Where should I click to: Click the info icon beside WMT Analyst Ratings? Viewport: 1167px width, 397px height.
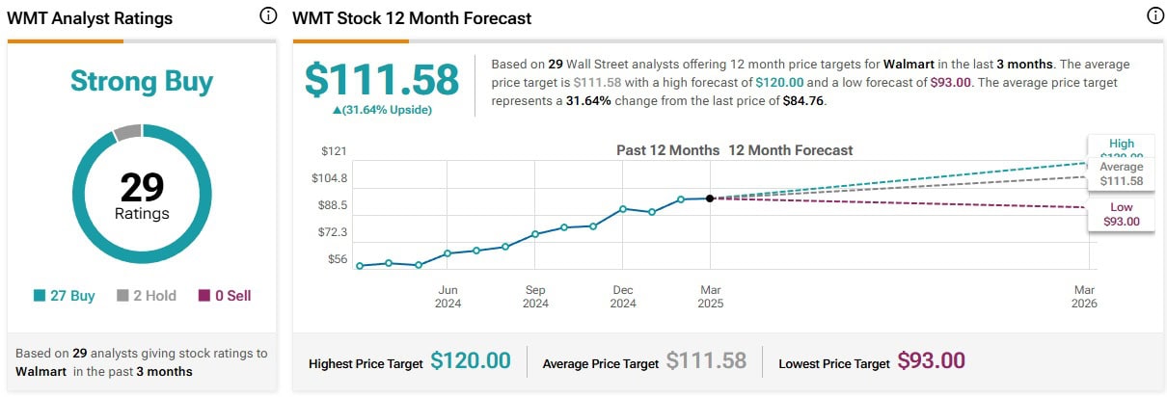[268, 16]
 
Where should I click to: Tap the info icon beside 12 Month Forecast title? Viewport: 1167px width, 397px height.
[1155, 16]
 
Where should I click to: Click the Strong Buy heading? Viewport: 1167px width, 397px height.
[141, 81]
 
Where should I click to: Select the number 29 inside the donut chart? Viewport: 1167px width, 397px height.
[142, 186]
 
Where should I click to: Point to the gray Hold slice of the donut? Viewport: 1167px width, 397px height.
[127, 132]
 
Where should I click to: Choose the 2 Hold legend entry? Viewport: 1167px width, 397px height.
[147, 296]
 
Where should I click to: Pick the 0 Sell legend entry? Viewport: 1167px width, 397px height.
[225, 296]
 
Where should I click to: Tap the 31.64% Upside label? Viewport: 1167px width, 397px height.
[382, 110]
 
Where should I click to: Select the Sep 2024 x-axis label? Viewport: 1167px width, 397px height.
[535, 297]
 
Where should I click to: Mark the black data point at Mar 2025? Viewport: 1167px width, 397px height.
[710, 198]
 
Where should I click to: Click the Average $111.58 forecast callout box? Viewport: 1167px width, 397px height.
[1120, 173]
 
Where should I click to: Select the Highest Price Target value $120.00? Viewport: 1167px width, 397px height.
[470, 361]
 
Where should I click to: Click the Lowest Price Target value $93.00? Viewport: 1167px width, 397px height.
[931, 361]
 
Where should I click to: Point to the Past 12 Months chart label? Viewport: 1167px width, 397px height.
[667, 150]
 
